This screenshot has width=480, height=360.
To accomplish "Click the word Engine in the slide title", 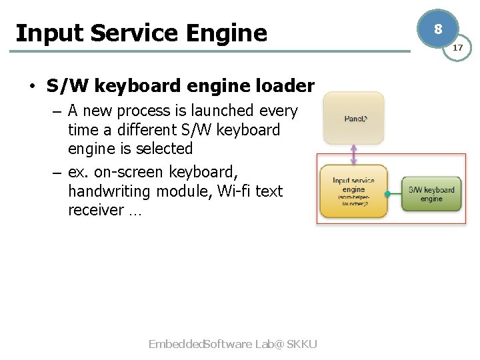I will click(x=227, y=33).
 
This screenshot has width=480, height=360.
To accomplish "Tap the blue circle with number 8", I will click(x=437, y=29).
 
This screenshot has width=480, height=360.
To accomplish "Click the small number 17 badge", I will click(x=458, y=48).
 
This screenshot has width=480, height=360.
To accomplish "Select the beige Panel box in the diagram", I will click(x=353, y=118).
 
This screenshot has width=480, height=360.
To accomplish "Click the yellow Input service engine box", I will click(x=353, y=191).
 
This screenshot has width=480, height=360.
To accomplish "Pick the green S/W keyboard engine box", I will click(x=431, y=193).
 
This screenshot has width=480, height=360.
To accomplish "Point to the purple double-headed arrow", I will click(x=353, y=155).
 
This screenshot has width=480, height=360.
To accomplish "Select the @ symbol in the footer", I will click(x=278, y=344).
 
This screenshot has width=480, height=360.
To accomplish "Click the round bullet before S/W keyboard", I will click(x=31, y=87).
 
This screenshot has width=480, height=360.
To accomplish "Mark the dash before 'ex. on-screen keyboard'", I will click(x=56, y=173).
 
